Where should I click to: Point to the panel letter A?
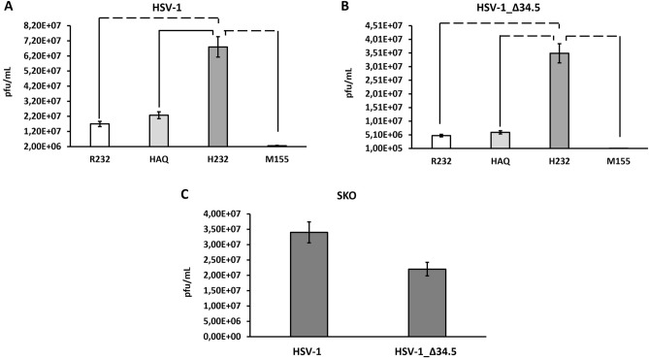8,8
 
